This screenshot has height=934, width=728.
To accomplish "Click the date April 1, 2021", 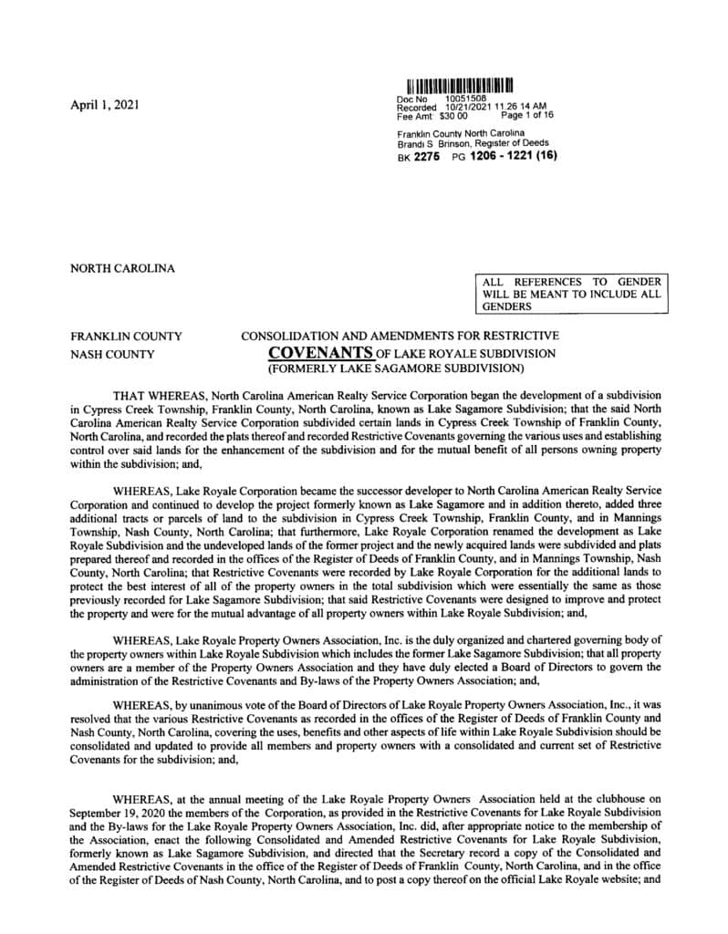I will tap(105, 105).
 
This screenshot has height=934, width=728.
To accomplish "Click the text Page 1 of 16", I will tap(527, 116).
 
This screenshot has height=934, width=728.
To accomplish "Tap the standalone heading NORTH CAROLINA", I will tap(122, 268).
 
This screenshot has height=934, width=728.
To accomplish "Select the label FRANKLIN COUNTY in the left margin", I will tap(126, 337).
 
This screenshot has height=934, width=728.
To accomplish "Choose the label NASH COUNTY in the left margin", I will tap(112, 354).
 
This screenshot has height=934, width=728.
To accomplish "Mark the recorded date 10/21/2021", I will tap(463, 108).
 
